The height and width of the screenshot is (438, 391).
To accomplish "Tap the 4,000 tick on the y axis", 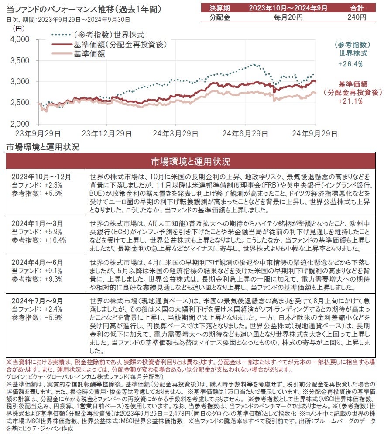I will pyautogui.click(x=19, y=39).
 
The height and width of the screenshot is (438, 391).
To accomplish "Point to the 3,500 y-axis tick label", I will pyautogui.click(x=19, y=60).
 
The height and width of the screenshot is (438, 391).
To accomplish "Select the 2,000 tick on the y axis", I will pyautogui.click(x=19, y=124).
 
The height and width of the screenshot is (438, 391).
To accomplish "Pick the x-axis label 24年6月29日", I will pyautogui.click(x=247, y=133).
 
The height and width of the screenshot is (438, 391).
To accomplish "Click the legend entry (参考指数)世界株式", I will pyautogui.click(x=109, y=35).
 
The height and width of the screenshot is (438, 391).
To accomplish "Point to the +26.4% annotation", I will pyautogui.click(x=350, y=64).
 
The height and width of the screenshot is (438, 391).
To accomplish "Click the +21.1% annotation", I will pyautogui.click(x=350, y=101).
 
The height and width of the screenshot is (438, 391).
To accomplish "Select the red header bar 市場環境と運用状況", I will pyautogui.click(x=190, y=162).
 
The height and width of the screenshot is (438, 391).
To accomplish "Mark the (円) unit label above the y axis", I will pyautogui.click(x=19, y=29).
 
